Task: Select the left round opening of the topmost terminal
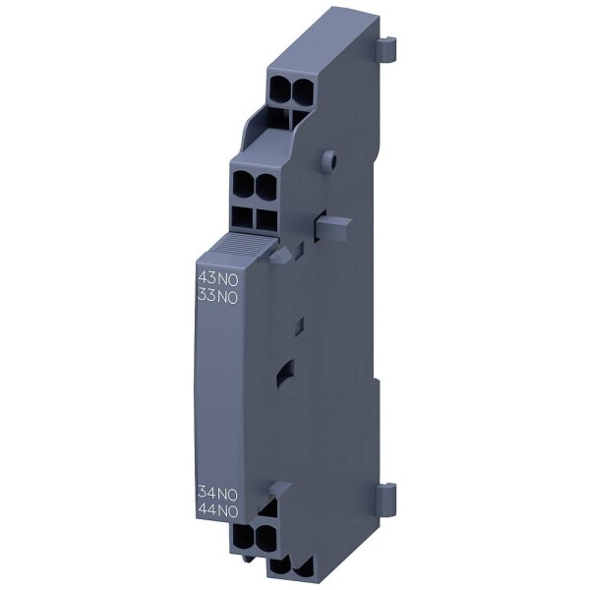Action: (x=277, y=90)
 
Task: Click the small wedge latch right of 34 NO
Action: (x=278, y=489)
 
